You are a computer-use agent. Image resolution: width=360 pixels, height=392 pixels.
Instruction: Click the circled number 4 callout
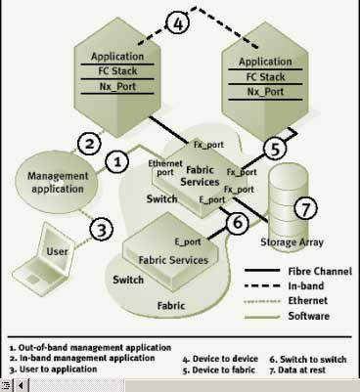[x=178, y=22]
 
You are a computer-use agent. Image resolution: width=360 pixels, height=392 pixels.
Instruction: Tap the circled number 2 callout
[x=89, y=143]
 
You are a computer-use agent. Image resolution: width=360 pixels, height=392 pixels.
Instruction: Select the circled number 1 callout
[x=116, y=161]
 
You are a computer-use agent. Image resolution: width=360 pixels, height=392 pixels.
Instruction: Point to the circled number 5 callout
[x=275, y=149]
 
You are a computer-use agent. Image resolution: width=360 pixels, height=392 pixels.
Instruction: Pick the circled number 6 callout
[x=238, y=223]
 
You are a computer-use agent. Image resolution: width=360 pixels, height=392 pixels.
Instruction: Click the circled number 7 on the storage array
[x=305, y=208]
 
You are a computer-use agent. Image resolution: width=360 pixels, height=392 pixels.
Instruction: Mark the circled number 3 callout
[x=102, y=230]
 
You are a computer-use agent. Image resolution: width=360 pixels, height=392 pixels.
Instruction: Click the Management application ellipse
[x=57, y=183]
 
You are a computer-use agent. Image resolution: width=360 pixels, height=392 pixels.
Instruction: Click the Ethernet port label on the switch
[x=165, y=168]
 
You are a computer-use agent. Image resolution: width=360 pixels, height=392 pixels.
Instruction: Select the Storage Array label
[x=292, y=242]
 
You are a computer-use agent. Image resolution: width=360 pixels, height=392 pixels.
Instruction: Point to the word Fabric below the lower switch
[x=171, y=306]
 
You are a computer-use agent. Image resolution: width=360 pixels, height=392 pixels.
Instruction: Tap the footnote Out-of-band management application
[x=90, y=348]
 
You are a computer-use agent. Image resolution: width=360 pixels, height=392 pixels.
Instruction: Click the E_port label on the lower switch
[x=188, y=241]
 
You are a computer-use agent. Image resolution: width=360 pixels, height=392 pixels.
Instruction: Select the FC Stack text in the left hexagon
[x=117, y=71]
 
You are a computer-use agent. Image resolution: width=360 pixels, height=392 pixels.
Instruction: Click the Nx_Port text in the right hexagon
[x=265, y=92]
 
